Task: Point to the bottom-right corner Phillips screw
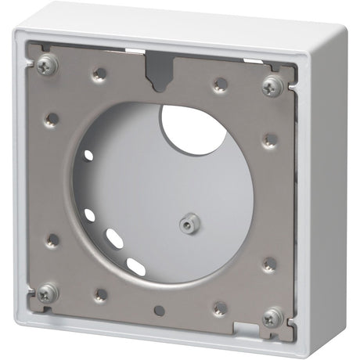pyautogui.click(x=272, y=315)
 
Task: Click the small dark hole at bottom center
pyautogui.click(x=160, y=309)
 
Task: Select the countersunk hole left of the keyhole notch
pyautogui.click(x=99, y=74)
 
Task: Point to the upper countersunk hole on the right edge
pyautogui.click(x=268, y=139)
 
